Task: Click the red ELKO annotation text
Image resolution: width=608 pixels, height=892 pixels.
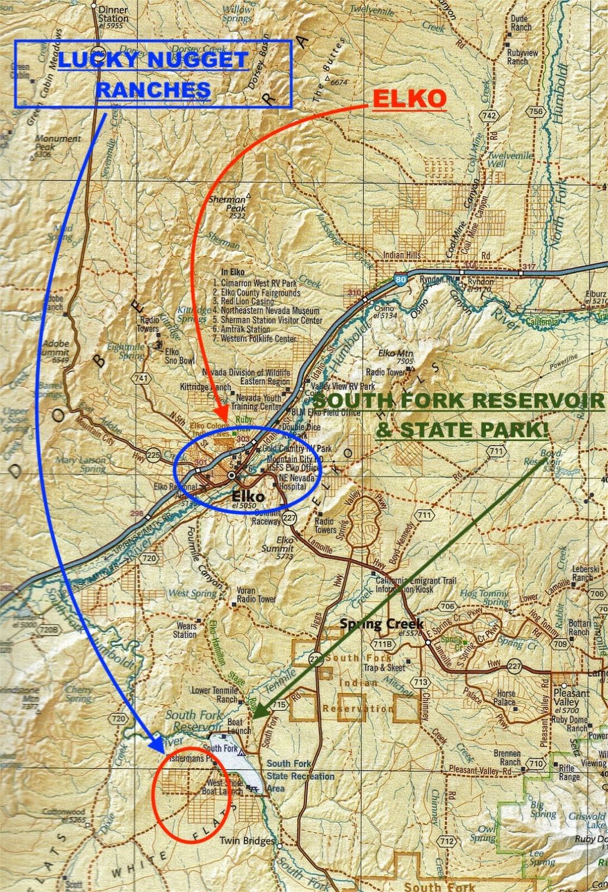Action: [409, 99]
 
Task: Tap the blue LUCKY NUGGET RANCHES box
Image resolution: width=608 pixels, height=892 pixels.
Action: [153, 74]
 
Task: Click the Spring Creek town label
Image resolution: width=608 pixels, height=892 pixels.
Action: [381, 624]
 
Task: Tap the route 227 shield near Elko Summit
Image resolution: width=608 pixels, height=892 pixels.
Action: [289, 517]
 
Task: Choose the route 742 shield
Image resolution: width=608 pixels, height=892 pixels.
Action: [490, 115]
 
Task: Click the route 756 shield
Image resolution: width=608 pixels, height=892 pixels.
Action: [536, 111]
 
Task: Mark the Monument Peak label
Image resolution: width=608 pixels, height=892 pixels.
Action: [58, 143]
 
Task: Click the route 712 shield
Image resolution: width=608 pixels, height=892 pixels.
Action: [447, 840]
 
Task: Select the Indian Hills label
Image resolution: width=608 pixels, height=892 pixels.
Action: [401, 255]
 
